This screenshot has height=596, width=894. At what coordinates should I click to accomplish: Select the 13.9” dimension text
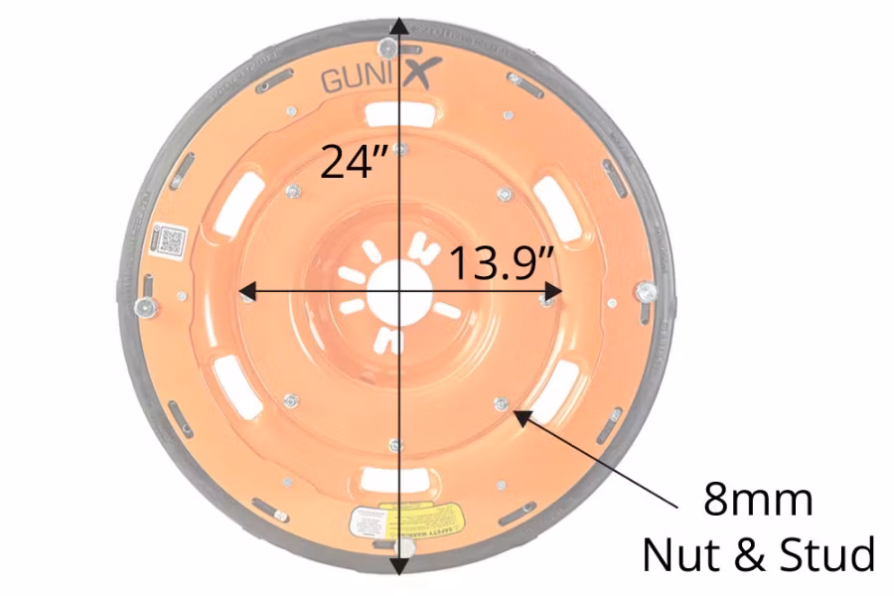point(501,263)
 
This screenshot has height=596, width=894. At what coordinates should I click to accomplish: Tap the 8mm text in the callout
point(758,500)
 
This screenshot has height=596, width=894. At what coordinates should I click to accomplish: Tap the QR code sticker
point(170,240)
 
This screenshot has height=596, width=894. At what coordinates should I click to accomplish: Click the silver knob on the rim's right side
point(647,291)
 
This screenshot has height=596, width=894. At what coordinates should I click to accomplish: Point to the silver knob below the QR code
point(145,307)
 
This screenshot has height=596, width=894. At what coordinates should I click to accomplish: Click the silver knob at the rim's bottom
point(405,548)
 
